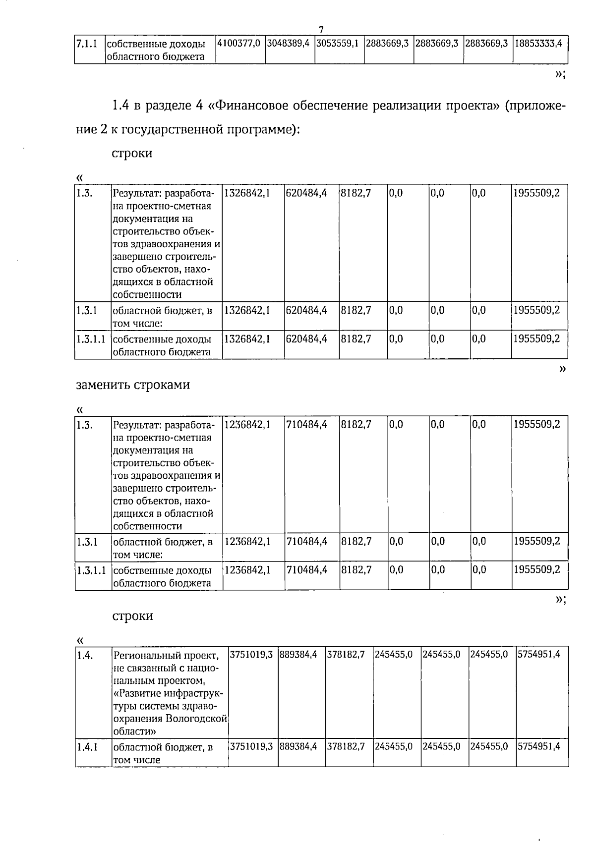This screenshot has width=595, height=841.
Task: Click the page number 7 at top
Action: click(321, 29)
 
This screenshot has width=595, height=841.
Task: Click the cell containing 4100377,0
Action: click(239, 43)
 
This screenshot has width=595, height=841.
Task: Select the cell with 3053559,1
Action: click(338, 43)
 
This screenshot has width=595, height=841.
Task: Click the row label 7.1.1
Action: click(85, 43)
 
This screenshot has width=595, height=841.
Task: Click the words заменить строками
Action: click(133, 385)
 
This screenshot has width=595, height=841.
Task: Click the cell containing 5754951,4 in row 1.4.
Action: click(539, 654)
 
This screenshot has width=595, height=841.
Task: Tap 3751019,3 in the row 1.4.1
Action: click(252, 746)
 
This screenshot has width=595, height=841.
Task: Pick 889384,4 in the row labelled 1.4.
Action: click(298, 654)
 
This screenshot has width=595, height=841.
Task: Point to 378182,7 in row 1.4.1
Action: click(346, 746)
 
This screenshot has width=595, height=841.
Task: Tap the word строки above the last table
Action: click(132, 616)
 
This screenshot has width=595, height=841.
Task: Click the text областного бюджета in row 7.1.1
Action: click(156, 56)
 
